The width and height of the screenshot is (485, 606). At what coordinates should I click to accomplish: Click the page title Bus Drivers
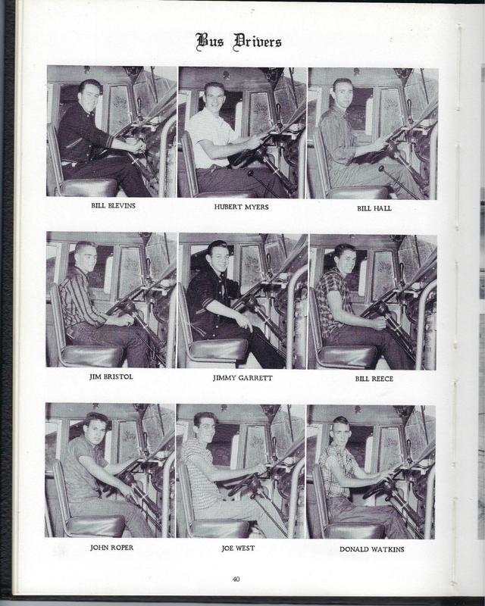point(239,41)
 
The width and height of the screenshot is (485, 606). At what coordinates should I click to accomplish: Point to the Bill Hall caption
point(374,208)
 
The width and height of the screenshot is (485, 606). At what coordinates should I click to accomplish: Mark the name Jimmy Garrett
point(242,377)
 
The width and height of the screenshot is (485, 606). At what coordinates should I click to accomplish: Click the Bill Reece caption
point(374,378)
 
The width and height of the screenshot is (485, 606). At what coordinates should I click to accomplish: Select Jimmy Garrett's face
point(217,259)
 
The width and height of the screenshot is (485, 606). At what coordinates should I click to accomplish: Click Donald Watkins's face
point(342,432)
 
